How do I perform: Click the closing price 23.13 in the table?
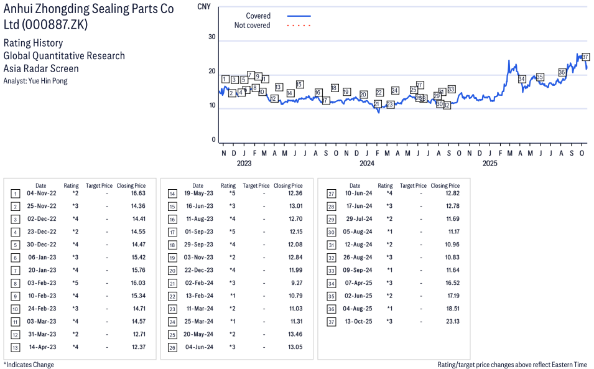tap(452, 322)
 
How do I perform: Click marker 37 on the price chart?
tap(585, 57)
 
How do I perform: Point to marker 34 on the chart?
tap(522, 79)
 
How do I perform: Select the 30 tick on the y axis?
tap(211, 37)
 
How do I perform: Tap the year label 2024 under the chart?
tap(366, 164)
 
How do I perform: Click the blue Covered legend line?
tap(299, 16)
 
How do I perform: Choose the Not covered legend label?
tap(252, 26)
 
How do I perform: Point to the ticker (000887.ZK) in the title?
tap(55, 25)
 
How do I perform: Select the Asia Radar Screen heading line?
tap(41, 68)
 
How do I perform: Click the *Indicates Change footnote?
tap(29, 365)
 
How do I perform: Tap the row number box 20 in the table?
tap(172, 270)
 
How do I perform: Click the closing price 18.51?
tap(452, 309)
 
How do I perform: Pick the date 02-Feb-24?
tap(200, 283)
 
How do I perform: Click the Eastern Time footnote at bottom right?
tap(512, 365)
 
